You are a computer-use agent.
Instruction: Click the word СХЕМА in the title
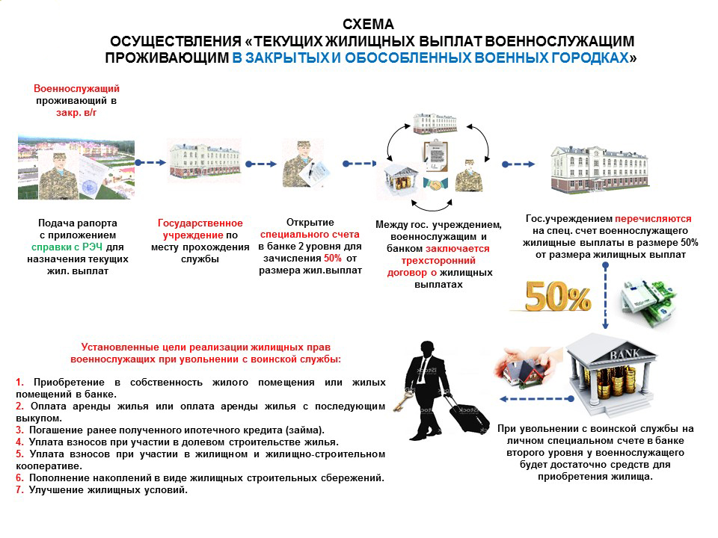(x=368, y=24)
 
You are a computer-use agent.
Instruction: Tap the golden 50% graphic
(x=558, y=296)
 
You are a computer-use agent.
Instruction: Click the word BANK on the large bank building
(x=624, y=354)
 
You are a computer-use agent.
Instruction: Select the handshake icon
(x=435, y=184)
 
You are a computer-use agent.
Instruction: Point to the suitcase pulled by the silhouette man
(x=467, y=414)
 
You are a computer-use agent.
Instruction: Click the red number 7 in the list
(x=19, y=490)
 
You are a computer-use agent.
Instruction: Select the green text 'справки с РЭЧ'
(x=67, y=247)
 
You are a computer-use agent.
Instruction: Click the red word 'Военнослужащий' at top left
(x=76, y=88)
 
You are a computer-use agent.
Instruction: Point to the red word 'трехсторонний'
(x=438, y=261)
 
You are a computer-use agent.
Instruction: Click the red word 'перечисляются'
(x=653, y=219)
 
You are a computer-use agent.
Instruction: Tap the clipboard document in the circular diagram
(x=435, y=155)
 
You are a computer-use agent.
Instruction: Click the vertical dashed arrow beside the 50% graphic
(x=605, y=296)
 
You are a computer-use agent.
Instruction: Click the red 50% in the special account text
(x=332, y=258)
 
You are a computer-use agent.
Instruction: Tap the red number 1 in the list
(x=19, y=382)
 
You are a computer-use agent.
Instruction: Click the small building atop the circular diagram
(x=435, y=123)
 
